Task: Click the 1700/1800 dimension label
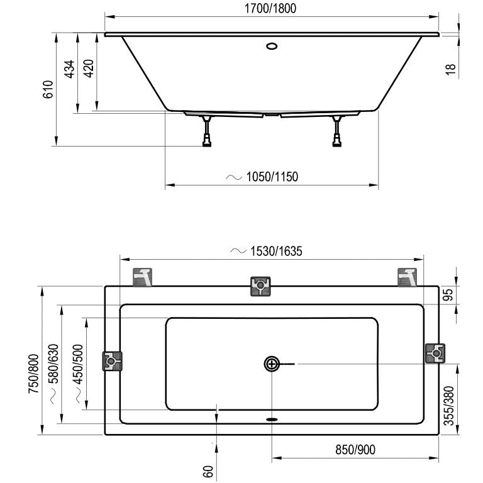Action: [x=270, y=8]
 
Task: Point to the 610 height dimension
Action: [x=48, y=89]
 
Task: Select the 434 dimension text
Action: [x=70, y=69]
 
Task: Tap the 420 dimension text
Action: [x=89, y=69]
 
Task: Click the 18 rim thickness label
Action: [x=450, y=69]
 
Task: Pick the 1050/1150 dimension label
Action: [x=272, y=177]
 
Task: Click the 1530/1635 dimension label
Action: [x=276, y=252]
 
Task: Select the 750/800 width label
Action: [x=33, y=374]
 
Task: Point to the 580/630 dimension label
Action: [x=53, y=364]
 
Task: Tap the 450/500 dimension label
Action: [x=78, y=364]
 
